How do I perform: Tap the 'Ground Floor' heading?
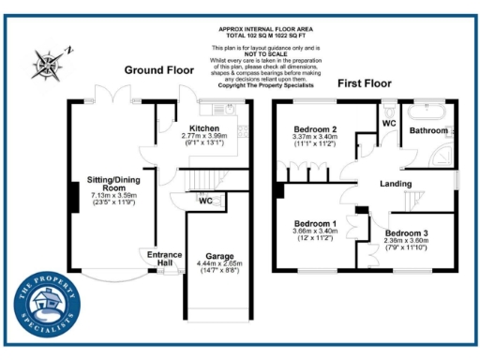[x=158, y=70]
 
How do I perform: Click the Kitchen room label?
[x=204, y=128]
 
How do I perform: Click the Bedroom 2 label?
[x=314, y=128]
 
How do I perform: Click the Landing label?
[x=397, y=184]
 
